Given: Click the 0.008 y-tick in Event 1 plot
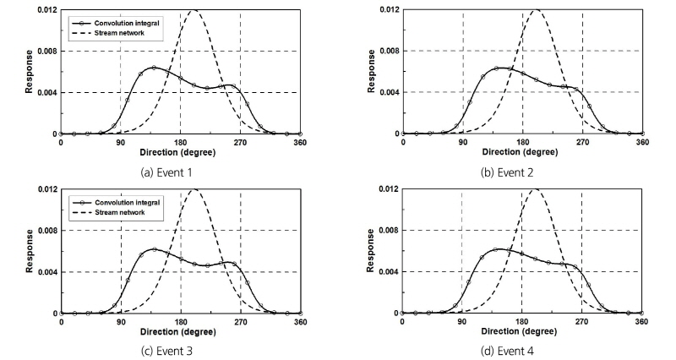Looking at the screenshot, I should pyautogui.click(x=39, y=51).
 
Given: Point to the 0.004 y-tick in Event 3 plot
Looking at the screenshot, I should pyautogui.click(x=39, y=272).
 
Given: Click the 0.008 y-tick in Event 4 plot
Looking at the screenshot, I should pyautogui.click(x=382, y=231).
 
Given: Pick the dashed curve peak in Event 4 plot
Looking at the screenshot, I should pyautogui.click(x=534, y=189).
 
